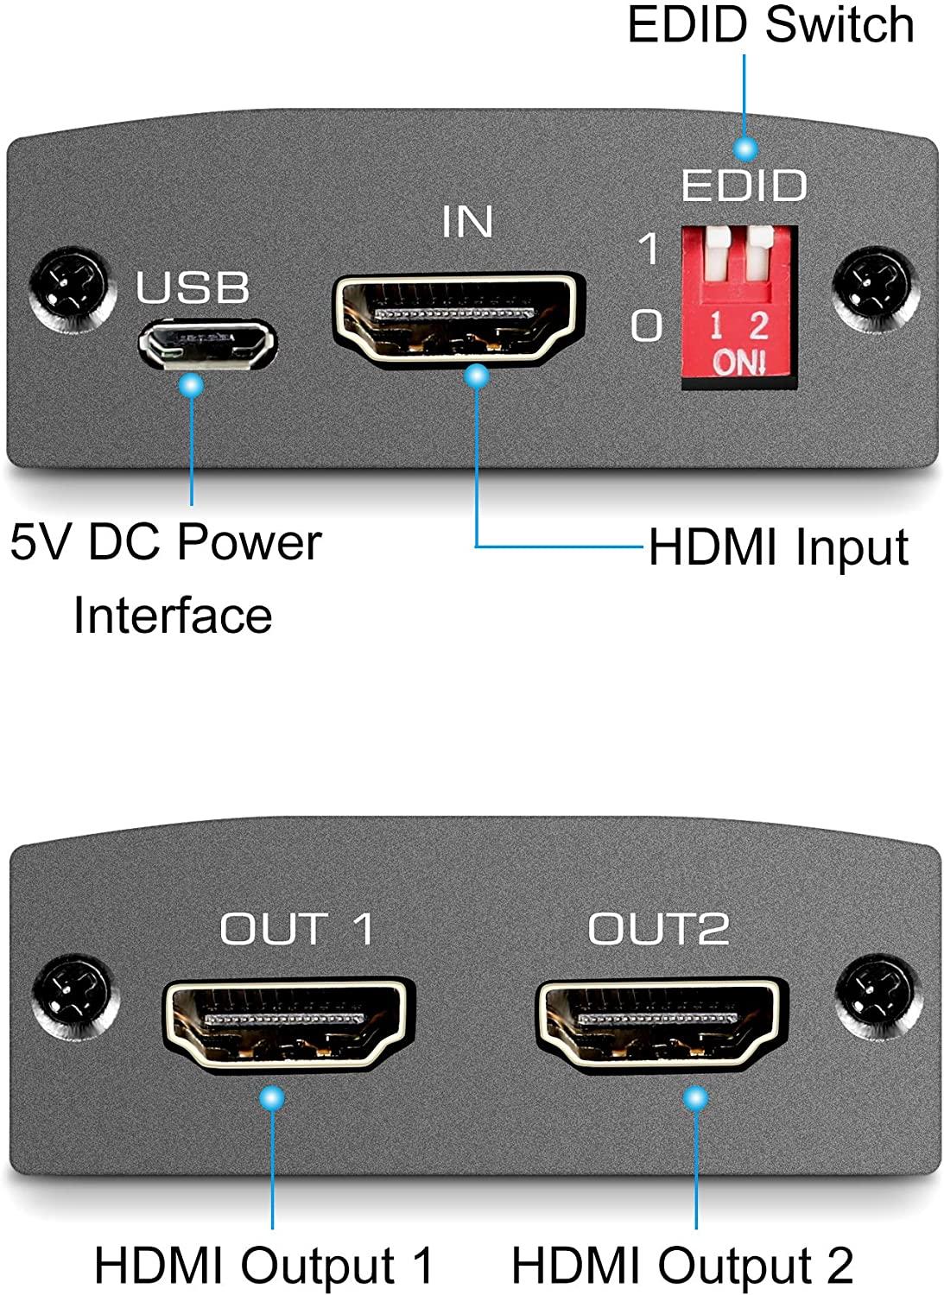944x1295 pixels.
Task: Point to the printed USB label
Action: click(193, 287)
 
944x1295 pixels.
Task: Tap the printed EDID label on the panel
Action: click(744, 186)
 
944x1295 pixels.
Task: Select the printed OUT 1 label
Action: click(296, 929)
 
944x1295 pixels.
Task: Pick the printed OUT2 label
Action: click(658, 929)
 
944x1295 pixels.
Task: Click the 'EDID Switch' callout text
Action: click(770, 24)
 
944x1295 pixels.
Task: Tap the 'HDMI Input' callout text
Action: click(778, 547)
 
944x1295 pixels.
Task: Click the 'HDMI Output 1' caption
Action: click(263, 1266)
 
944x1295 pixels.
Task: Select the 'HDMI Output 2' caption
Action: click(682, 1266)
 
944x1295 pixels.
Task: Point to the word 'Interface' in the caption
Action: click(173, 615)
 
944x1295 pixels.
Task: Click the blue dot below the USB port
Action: click(191, 384)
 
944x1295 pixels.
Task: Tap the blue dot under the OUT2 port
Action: click(695, 1098)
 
